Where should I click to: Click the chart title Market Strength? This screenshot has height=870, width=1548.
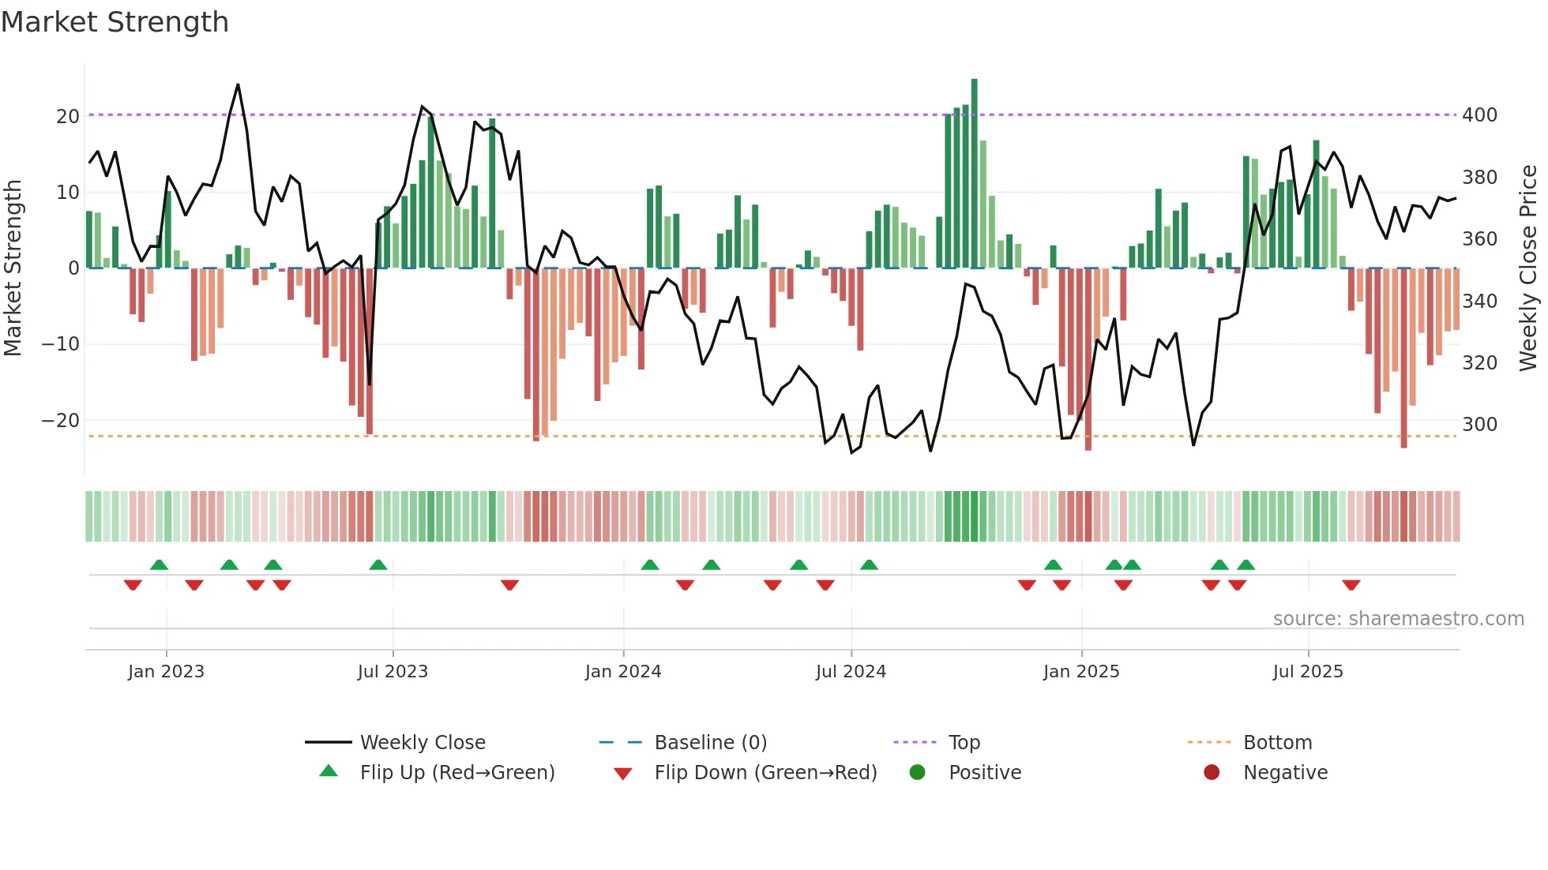tap(115, 22)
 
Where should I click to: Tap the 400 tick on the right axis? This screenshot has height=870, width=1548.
tap(1479, 115)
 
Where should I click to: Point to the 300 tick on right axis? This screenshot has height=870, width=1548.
tap(1479, 425)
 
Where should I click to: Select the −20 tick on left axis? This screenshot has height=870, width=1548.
tap(61, 421)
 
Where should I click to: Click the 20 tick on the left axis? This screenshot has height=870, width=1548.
tap(67, 117)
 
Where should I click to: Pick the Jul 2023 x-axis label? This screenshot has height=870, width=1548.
tap(393, 672)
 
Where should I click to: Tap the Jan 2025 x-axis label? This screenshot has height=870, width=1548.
tap(1080, 672)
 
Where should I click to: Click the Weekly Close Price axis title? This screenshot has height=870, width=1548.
tap(1528, 268)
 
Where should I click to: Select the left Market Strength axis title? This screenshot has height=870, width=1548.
tap(13, 268)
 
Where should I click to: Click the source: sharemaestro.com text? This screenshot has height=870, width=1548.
tap(1398, 619)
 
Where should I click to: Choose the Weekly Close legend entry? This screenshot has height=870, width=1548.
tap(422, 743)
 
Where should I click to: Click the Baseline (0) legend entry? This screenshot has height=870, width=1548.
tap(710, 743)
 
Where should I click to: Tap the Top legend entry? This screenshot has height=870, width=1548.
tap(964, 743)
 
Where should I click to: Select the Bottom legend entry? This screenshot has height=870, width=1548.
tap(1277, 743)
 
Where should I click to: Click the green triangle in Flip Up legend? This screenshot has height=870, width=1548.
tap(329, 771)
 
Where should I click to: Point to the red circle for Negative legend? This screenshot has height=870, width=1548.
tap(1212, 772)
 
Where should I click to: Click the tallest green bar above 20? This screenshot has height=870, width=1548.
tap(974, 174)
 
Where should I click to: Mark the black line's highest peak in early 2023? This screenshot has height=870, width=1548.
tap(238, 84)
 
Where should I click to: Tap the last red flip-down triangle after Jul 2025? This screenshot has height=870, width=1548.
tap(1351, 585)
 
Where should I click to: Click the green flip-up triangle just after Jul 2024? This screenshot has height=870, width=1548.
tap(869, 564)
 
